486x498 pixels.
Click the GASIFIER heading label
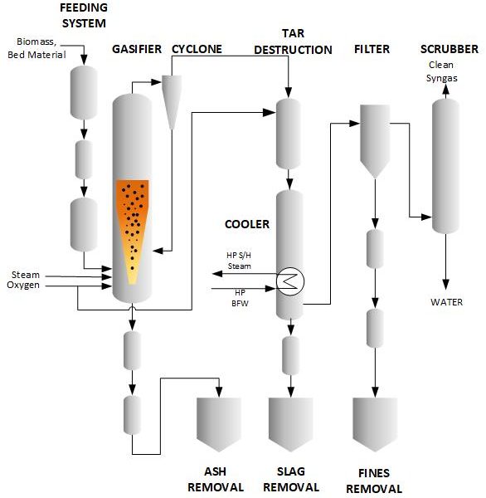click(137, 49)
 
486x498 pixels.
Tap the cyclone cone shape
click(172, 101)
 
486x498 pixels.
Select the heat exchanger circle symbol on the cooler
click(289, 281)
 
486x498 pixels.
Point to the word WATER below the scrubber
click(446, 302)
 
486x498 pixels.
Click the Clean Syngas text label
click(441, 71)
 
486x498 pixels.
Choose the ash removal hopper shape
click(219, 424)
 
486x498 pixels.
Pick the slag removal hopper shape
click(291, 424)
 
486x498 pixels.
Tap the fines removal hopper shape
click(375, 424)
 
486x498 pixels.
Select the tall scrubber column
click(445, 166)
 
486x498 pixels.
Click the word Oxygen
click(23, 286)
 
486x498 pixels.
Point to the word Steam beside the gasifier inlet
click(26, 275)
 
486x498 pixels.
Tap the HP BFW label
click(240, 298)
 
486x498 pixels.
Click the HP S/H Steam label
click(239, 261)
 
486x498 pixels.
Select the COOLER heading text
click(247, 224)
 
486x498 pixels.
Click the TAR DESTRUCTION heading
click(293, 41)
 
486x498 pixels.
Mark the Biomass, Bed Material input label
click(36, 48)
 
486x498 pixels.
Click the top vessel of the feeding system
click(84, 92)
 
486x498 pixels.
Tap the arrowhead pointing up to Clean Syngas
click(445, 90)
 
